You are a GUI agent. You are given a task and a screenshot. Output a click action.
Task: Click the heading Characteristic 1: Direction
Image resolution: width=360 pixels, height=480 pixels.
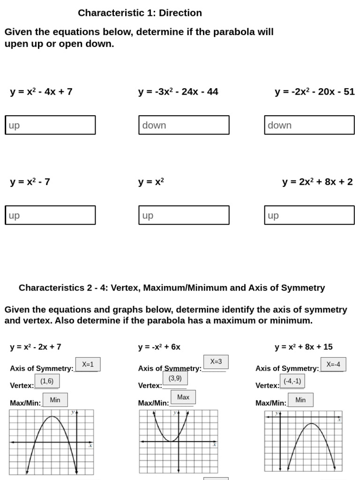pos(140,13)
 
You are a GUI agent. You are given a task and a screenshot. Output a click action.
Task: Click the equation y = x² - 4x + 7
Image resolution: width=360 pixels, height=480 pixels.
pos(41,92)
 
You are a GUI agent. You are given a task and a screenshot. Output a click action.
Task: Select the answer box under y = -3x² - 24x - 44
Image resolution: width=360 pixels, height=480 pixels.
pos(184,125)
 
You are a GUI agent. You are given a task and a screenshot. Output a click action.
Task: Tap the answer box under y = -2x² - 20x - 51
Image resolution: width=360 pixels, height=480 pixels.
pos(309,125)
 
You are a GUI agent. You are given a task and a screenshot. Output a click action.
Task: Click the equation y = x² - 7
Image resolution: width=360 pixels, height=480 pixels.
pos(30,182)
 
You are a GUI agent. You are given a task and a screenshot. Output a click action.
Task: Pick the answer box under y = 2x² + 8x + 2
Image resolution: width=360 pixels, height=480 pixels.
pos(309,215)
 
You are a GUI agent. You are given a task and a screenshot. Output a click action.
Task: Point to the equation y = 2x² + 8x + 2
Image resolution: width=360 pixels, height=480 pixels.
pos(317,182)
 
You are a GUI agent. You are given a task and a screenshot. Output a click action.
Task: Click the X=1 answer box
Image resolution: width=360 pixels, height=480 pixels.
pos(88,364)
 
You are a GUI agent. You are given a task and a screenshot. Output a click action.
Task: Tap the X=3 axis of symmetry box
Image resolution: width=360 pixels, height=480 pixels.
pos(216,361)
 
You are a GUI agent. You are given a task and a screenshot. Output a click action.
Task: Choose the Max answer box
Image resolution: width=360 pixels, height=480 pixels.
pos(183,397)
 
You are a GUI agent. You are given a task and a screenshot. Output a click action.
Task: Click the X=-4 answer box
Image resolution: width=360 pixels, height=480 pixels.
pos(333,364)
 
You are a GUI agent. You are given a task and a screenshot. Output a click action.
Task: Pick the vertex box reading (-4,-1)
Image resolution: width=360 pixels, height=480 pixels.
pos(292,381)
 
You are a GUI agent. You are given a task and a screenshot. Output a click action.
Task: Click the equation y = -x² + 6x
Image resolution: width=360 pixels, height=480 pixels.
pos(159,347)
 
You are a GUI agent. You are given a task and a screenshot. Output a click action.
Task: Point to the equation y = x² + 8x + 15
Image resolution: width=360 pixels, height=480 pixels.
pos(304,347)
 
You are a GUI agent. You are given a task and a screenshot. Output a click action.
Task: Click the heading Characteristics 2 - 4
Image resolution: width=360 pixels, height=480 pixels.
pos(172,288)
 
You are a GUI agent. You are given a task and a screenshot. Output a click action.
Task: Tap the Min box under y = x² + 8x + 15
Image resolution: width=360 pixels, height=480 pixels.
pos(300,400)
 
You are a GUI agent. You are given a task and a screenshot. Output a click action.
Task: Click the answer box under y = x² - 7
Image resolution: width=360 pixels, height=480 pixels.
pos(50,215)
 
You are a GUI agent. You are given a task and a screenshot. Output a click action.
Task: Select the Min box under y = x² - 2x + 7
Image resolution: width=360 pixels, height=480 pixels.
pos(55,400)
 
